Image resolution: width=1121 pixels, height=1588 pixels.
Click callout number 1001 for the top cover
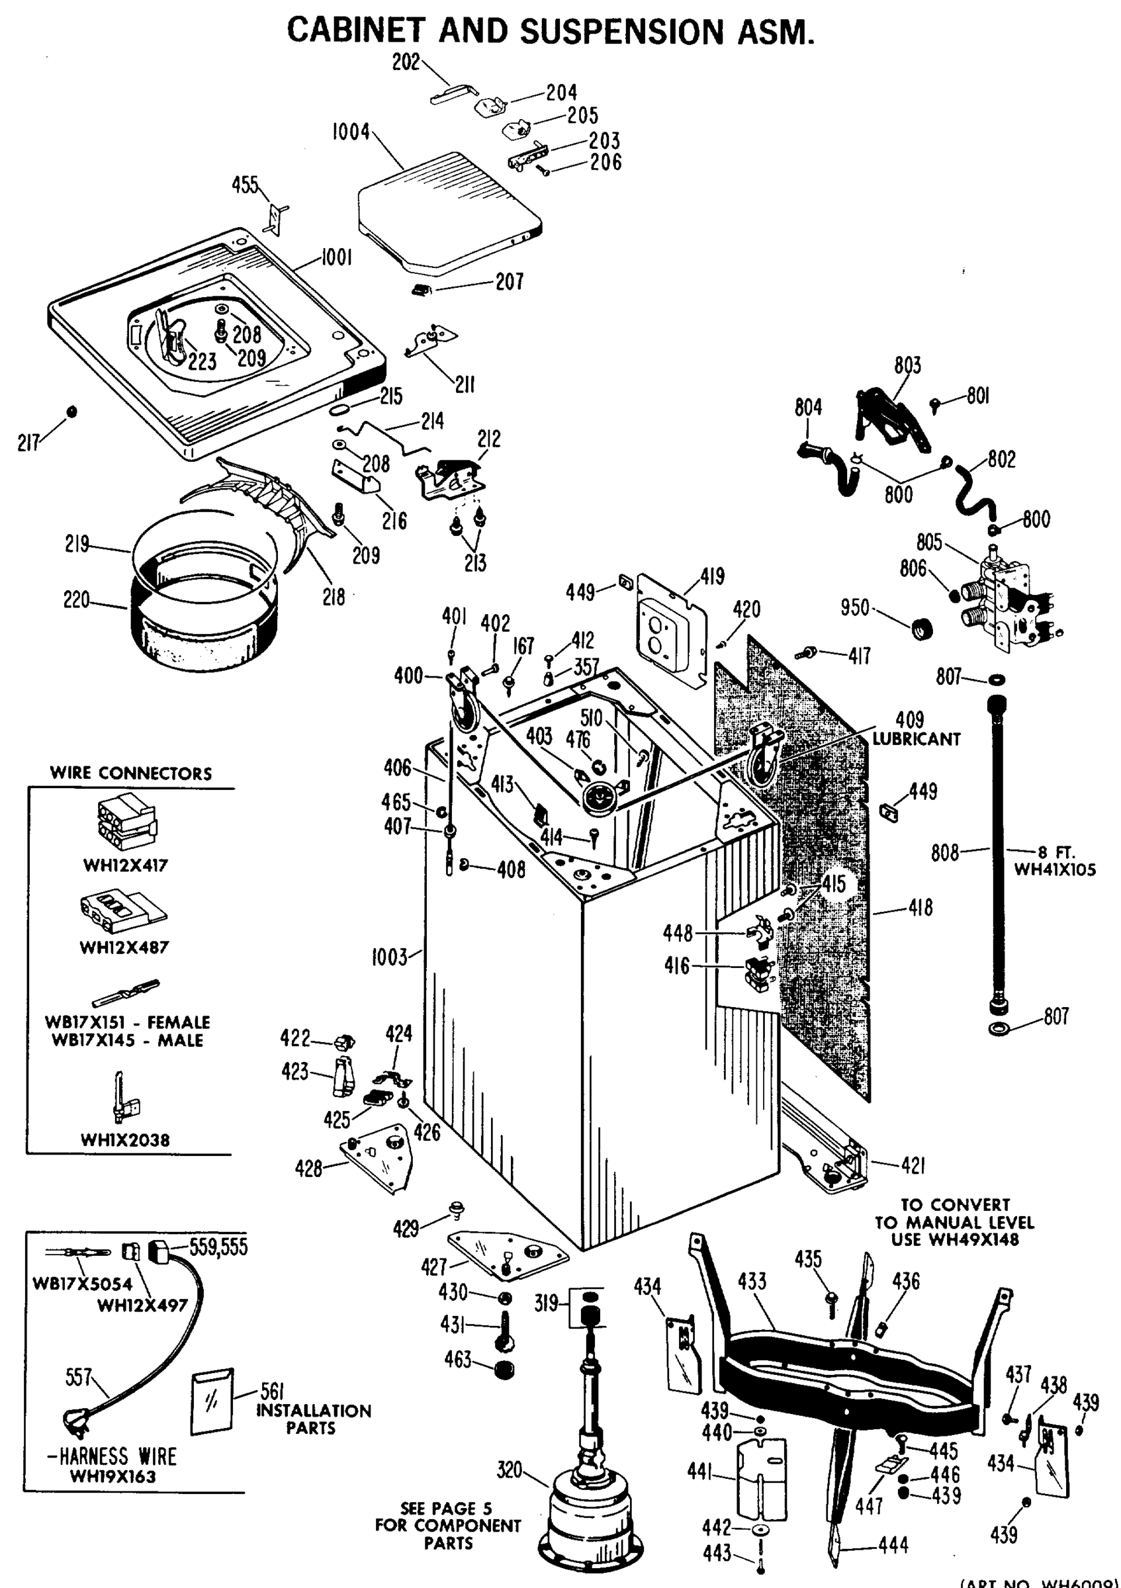[x=337, y=257]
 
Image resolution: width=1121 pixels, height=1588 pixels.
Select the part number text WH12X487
[x=124, y=947]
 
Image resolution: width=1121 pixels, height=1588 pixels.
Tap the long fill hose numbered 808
[x=998, y=851]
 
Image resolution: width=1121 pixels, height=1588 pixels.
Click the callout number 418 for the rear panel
[x=920, y=907]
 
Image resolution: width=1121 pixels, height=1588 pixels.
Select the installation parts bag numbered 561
[x=212, y=1401]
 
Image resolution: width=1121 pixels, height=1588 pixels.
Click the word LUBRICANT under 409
[x=916, y=739]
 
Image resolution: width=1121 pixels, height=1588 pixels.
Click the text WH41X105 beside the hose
[x=1055, y=869]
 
